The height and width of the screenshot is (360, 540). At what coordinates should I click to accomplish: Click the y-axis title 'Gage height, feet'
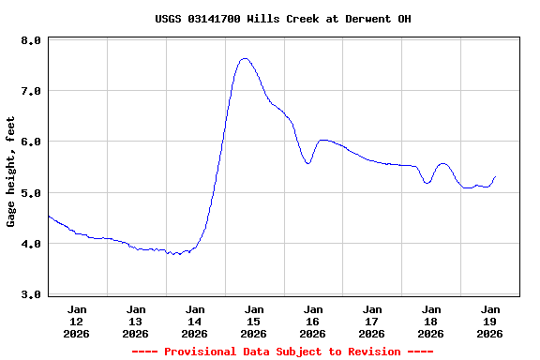(x=11, y=172)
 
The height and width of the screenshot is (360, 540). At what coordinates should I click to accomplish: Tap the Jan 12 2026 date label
(x=77, y=321)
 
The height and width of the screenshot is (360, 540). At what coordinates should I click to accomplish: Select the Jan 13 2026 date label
(x=136, y=321)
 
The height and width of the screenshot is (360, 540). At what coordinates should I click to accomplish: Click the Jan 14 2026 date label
(x=195, y=321)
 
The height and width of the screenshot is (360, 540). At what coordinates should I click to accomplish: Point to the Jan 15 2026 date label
(x=254, y=321)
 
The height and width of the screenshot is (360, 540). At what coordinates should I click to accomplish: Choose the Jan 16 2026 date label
(x=313, y=321)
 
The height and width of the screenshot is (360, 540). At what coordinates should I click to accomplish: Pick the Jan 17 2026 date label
(x=372, y=321)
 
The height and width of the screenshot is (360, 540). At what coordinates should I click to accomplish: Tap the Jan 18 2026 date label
(x=431, y=321)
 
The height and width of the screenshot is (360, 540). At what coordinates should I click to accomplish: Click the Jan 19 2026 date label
(x=490, y=321)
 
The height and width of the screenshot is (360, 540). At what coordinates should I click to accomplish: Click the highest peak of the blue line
(x=245, y=58)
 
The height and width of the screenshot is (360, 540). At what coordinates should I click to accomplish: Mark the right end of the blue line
(x=495, y=176)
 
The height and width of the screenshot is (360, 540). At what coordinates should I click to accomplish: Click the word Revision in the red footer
(x=373, y=352)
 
